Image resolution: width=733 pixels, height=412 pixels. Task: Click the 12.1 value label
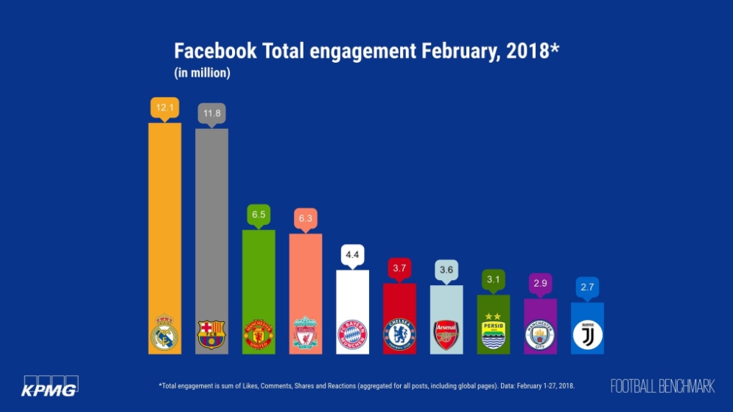165,108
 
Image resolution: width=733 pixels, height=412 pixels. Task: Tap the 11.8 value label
211,114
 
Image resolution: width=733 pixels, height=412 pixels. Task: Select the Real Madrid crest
164,334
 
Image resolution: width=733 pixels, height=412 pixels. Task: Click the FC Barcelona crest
211,335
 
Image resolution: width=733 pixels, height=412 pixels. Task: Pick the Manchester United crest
259,335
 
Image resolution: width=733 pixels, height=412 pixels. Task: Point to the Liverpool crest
305,333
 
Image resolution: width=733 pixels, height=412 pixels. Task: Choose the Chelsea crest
399,335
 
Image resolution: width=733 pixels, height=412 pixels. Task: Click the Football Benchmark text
662,385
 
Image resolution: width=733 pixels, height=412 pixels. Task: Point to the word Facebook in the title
215,52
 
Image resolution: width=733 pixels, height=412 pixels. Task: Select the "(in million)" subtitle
203,73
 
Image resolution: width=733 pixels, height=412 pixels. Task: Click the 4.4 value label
352,255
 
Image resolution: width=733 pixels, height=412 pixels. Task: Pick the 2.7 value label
587,288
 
